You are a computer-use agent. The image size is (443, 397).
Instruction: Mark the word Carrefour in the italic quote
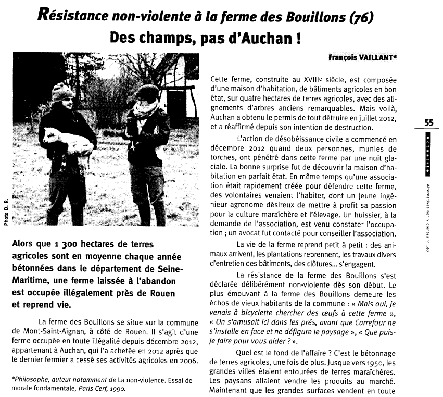[x=365, y=322]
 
